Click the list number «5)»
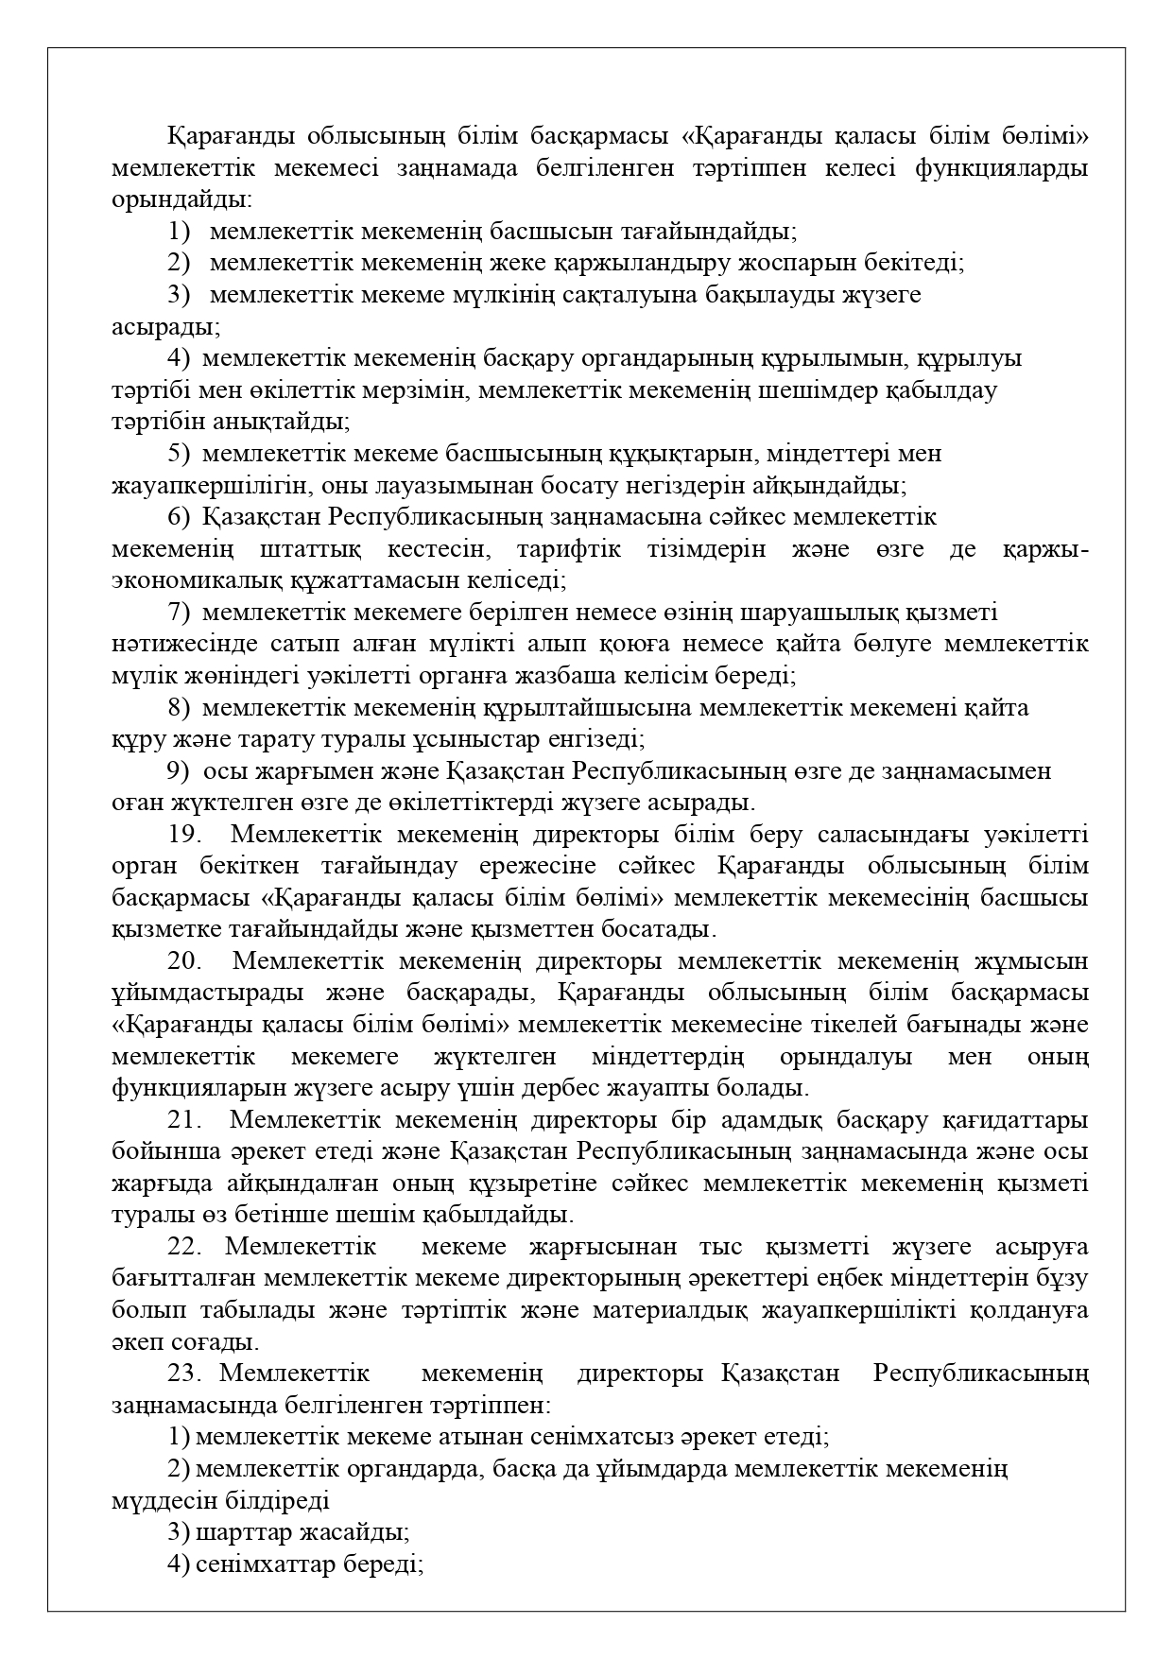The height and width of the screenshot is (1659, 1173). pos(180,454)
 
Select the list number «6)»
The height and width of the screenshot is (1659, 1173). pos(180,517)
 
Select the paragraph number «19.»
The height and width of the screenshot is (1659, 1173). pos(186,835)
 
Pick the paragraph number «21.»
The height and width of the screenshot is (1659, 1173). pos(186,1120)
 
